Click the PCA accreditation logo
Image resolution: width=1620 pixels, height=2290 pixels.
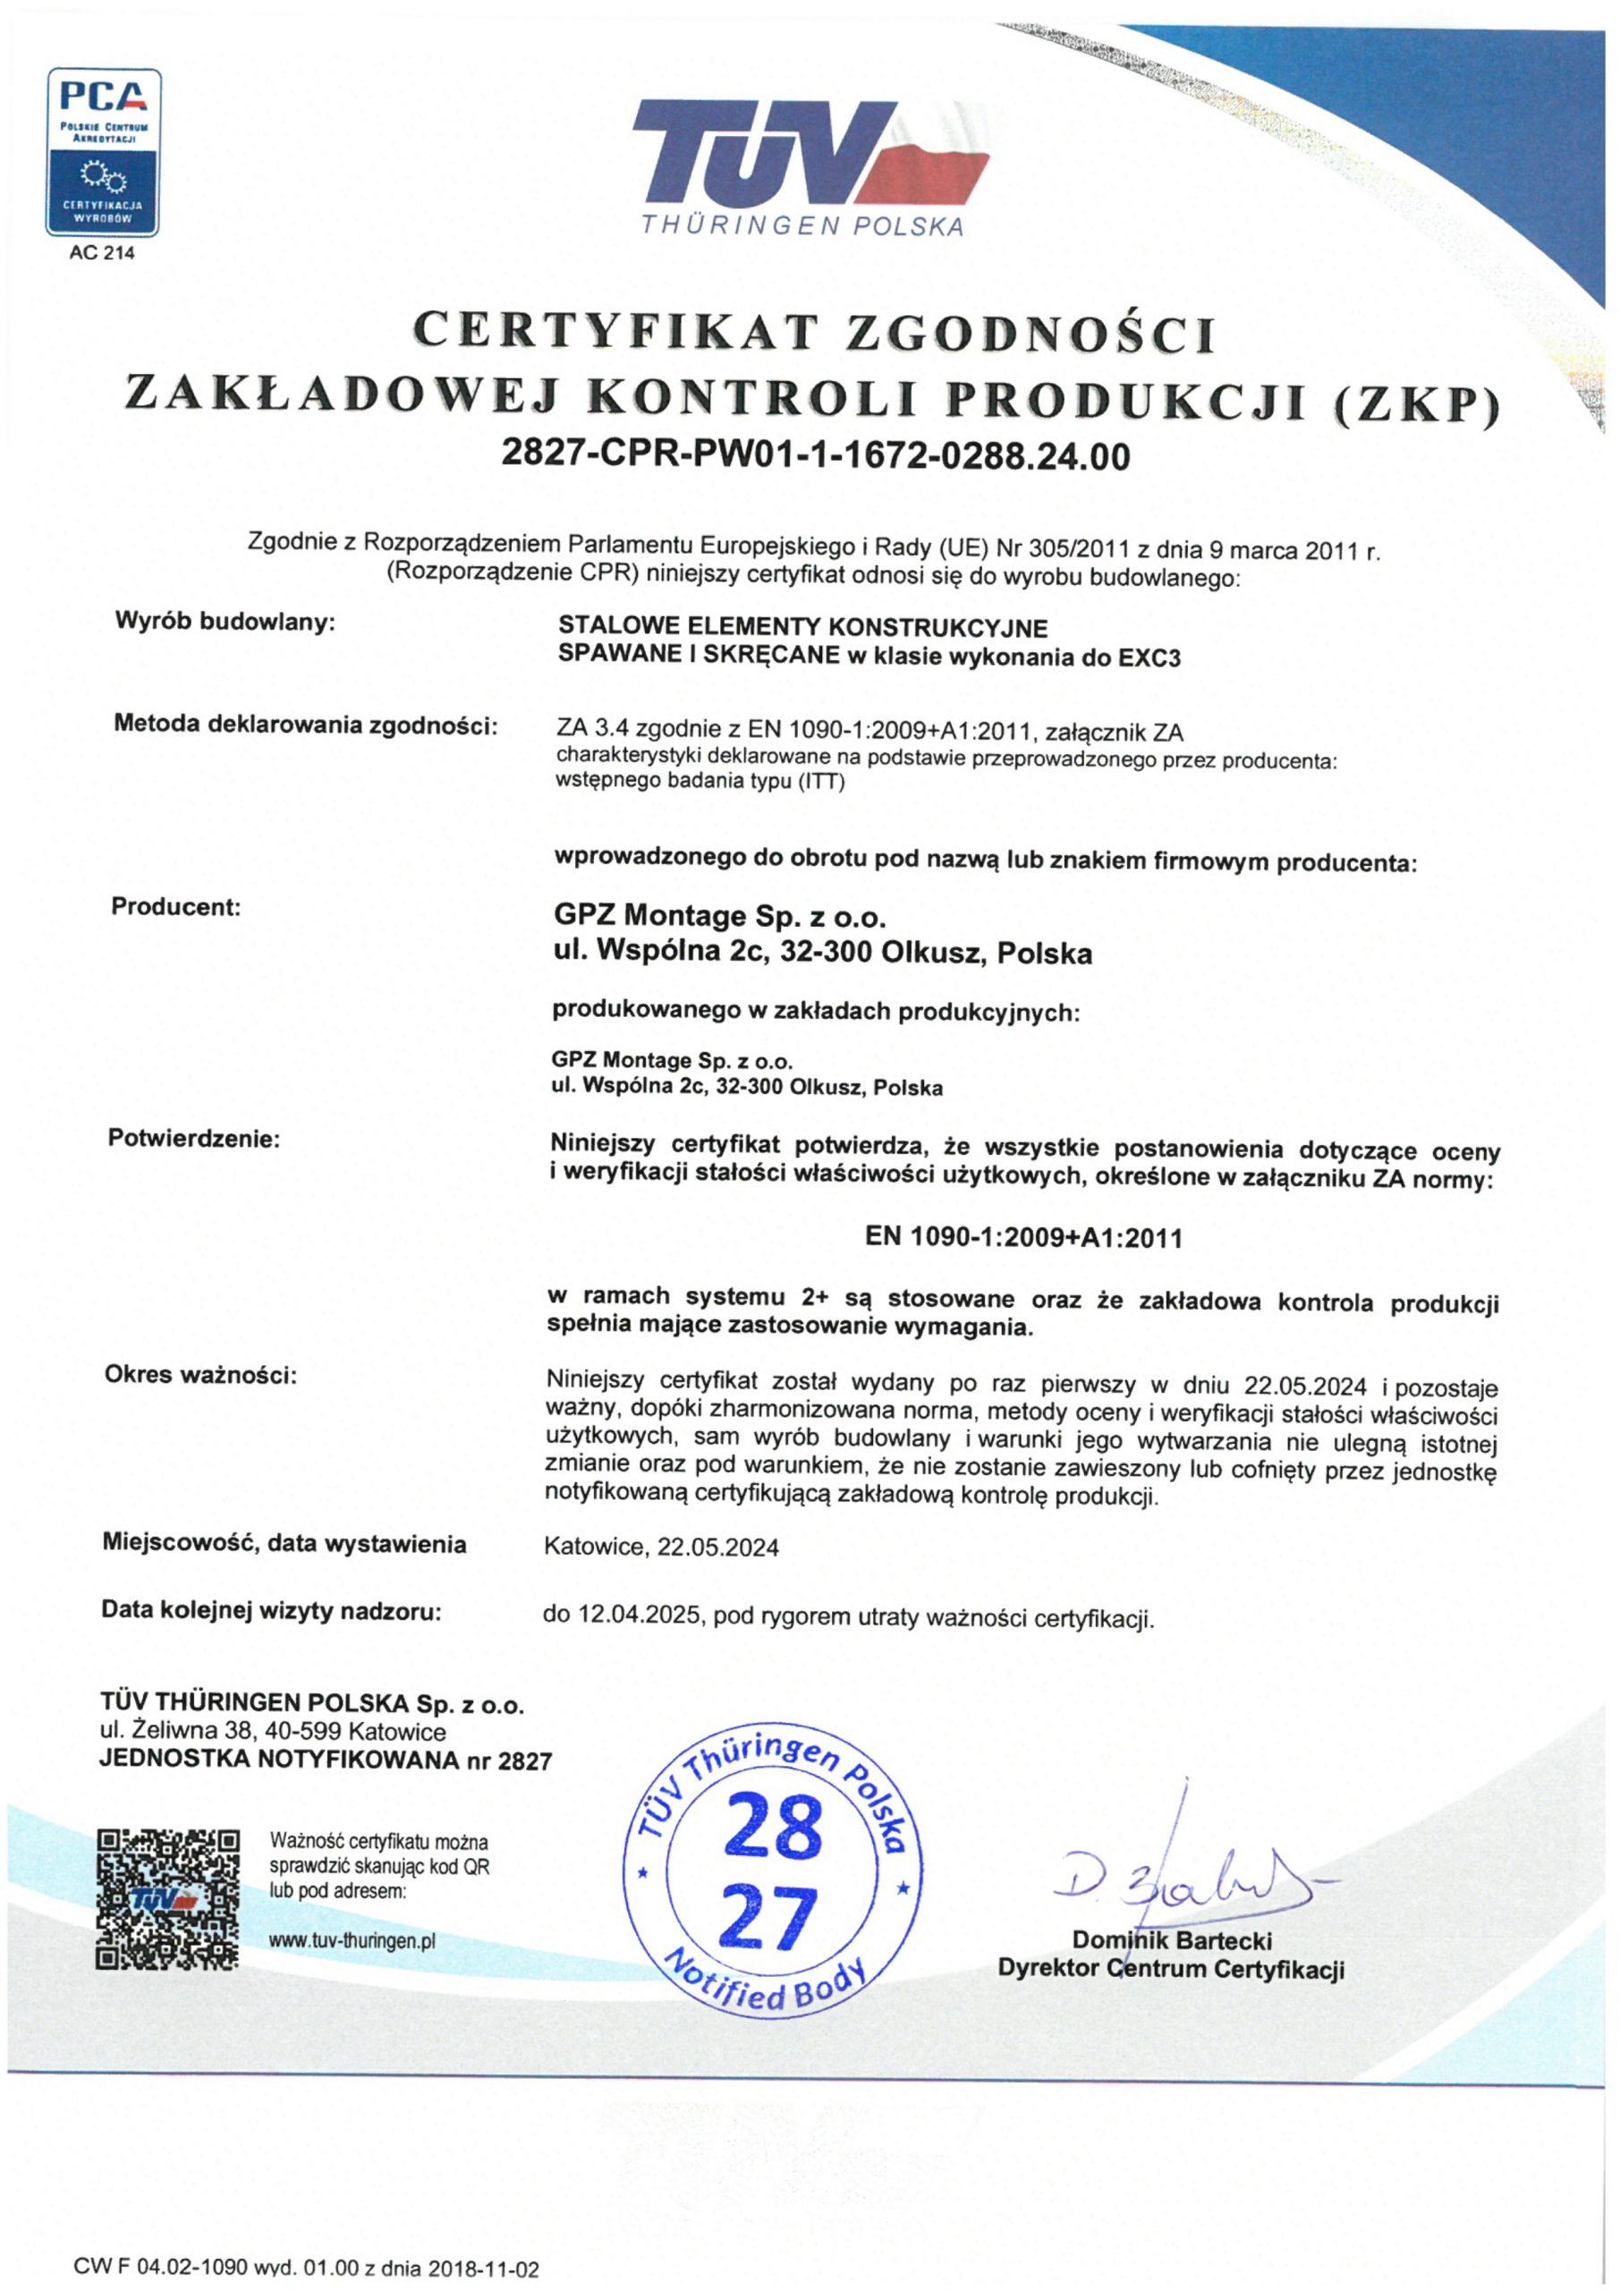pyautogui.click(x=103, y=151)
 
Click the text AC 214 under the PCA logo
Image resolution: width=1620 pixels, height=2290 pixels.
pyautogui.click(x=102, y=253)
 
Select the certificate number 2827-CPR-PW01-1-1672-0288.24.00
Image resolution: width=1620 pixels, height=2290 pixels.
pyautogui.click(x=815, y=456)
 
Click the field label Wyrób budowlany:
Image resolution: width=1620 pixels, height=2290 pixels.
pyautogui.click(x=225, y=622)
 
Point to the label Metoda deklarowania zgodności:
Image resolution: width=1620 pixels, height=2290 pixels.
pyautogui.click(x=305, y=724)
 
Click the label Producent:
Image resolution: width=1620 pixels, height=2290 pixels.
pyautogui.click(x=175, y=907)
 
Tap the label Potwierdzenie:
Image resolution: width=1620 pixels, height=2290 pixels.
pyautogui.click(x=193, y=1138)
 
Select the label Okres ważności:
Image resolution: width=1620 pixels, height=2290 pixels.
pyautogui.click(x=200, y=1376)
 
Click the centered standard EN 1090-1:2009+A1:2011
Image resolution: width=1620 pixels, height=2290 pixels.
pyautogui.click(x=1023, y=1238)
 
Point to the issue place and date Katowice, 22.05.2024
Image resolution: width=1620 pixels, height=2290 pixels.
pyautogui.click(x=661, y=1547)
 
